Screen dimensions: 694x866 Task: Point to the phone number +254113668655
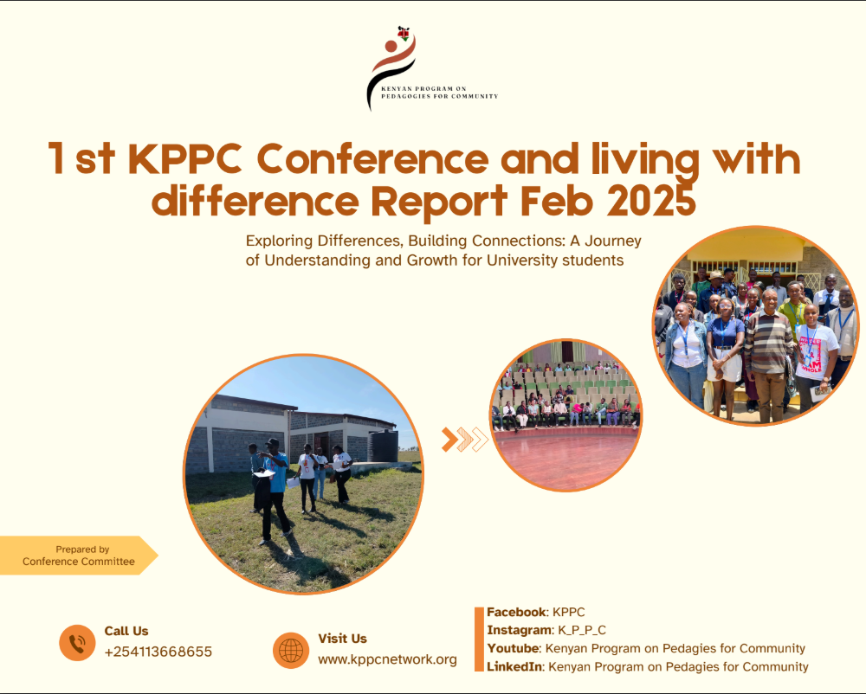click(158, 652)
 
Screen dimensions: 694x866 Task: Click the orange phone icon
click(77, 643)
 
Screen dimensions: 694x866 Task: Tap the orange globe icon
click(291, 650)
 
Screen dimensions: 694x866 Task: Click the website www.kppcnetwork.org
click(387, 659)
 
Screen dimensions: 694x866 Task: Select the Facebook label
click(516, 612)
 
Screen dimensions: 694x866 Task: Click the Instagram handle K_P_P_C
click(582, 630)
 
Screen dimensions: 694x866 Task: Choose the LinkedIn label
click(514, 666)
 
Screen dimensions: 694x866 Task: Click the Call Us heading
click(126, 631)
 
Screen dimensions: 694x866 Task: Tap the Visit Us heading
click(342, 639)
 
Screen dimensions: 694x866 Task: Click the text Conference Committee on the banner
click(79, 562)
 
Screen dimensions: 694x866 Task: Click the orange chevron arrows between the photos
click(465, 440)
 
